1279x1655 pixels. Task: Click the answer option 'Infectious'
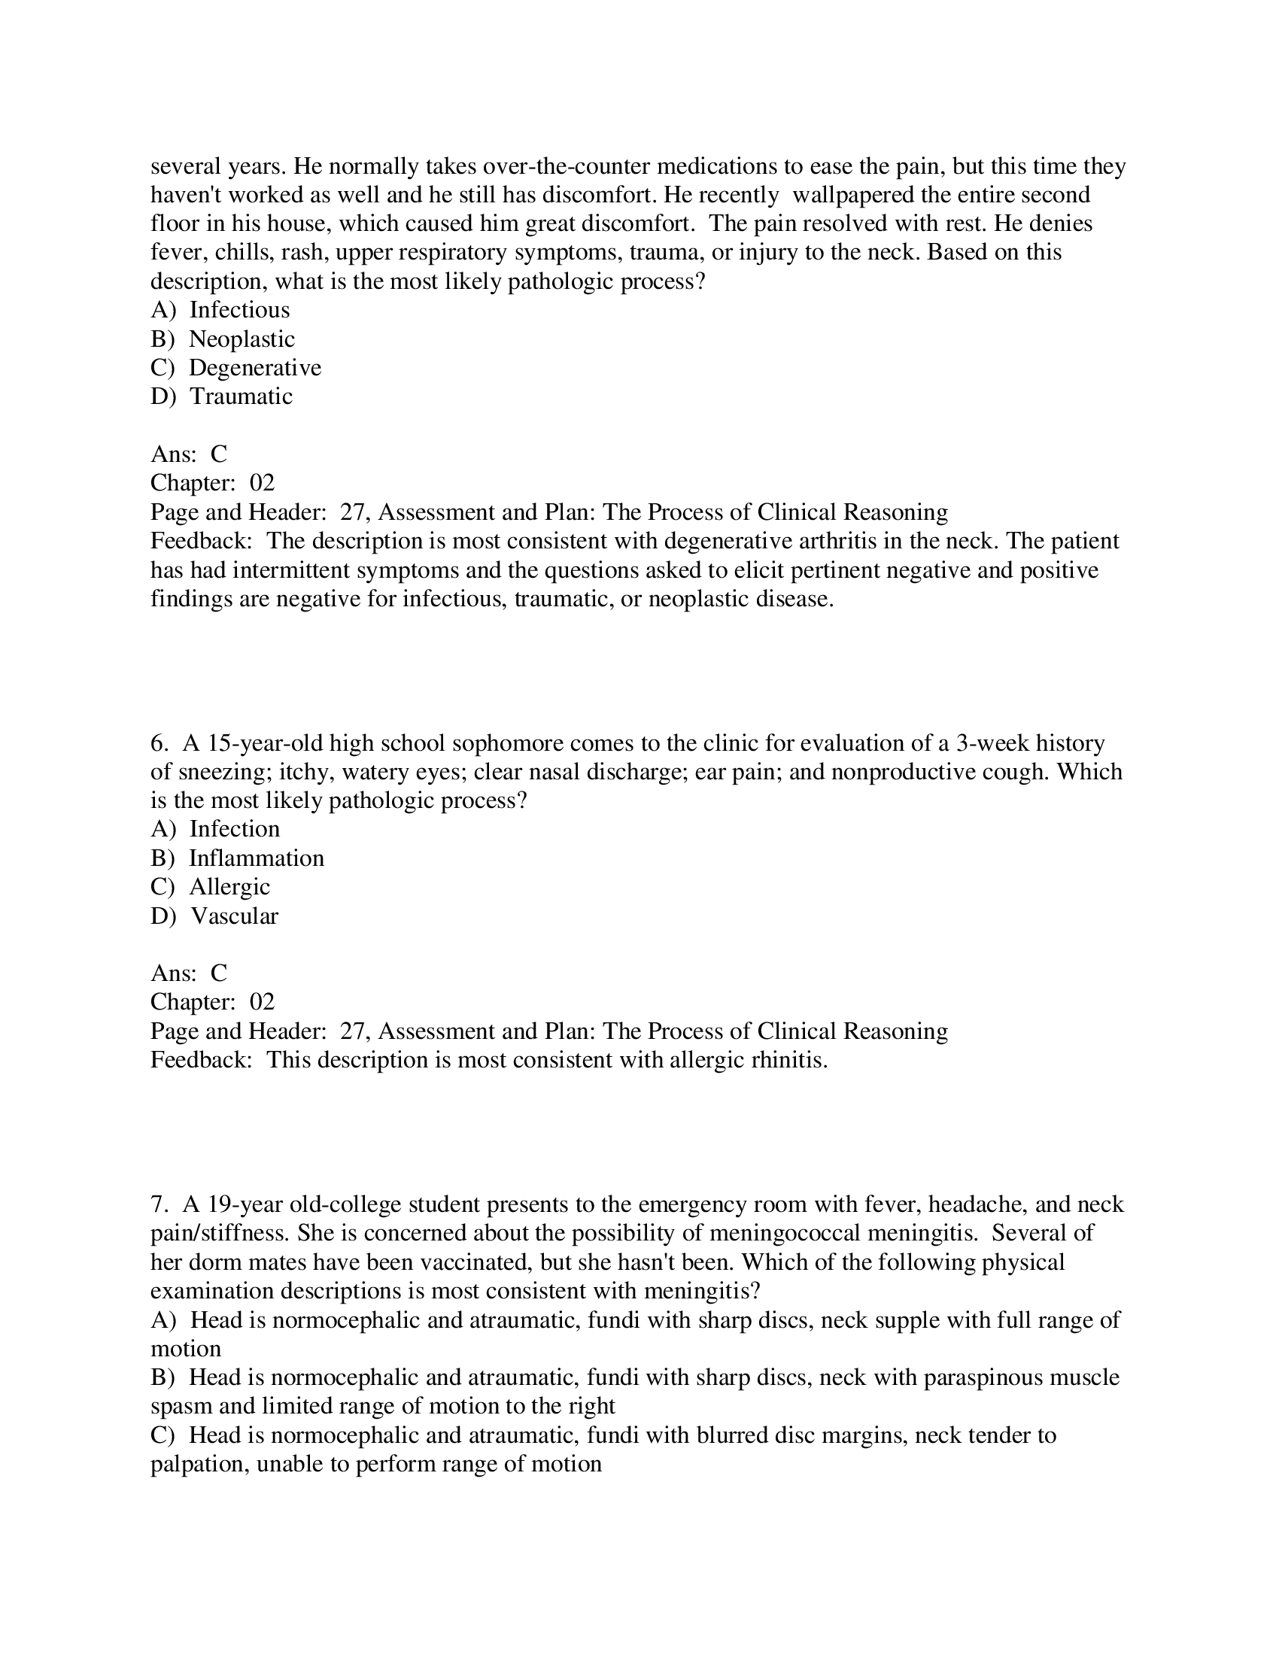coord(238,310)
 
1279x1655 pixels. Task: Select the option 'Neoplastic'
coord(241,339)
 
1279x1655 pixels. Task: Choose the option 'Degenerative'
coord(254,368)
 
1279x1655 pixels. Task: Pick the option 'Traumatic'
coord(240,396)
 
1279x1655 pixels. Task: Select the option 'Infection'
coord(234,829)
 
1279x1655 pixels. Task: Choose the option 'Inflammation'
coord(256,858)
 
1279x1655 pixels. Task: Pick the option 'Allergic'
coord(229,887)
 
